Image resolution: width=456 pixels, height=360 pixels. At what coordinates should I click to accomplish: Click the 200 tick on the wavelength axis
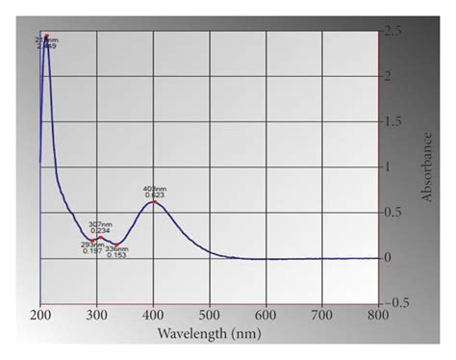tap(40, 314)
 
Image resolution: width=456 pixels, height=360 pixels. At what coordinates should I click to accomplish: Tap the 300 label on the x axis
tap(96, 314)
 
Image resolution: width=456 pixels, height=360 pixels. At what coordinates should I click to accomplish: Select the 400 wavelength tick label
tap(153, 314)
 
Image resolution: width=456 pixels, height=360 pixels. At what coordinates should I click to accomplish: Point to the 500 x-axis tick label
tap(209, 314)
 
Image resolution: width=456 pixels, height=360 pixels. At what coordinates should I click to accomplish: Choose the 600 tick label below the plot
tap(266, 314)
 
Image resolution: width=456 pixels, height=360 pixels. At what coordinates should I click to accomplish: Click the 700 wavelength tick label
tap(322, 314)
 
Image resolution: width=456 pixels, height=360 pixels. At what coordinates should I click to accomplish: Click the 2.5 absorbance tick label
tap(394, 31)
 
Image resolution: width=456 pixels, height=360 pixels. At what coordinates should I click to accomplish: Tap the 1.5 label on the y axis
tap(394, 121)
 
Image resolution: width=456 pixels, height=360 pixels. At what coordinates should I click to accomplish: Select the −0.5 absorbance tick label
tap(396, 301)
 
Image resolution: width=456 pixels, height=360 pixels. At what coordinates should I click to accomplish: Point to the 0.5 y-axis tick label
tap(394, 212)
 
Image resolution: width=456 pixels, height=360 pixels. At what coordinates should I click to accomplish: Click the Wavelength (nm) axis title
tap(209, 334)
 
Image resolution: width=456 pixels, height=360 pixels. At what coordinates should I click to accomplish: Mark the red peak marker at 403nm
tap(154, 201)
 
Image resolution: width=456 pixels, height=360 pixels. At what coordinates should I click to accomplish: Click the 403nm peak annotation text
tap(154, 189)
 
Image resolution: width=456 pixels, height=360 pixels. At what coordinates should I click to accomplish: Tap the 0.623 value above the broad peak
tap(154, 195)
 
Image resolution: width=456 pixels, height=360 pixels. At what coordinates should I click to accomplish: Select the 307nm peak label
tap(99, 223)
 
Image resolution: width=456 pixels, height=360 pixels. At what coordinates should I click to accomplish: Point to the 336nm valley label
tap(116, 248)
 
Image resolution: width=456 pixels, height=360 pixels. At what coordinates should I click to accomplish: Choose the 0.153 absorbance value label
tap(116, 255)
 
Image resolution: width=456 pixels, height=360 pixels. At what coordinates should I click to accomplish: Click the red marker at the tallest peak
tap(46, 38)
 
